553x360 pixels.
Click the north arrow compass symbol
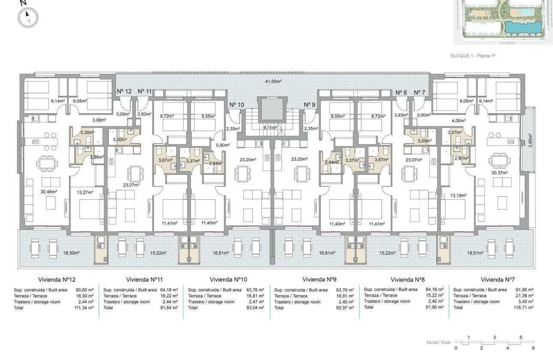(x=28, y=18)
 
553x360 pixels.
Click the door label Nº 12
(x=124, y=91)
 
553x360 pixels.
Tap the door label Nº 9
(x=309, y=105)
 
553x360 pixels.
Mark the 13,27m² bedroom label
(x=85, y=192)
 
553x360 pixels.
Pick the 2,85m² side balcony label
(x=530, y=140)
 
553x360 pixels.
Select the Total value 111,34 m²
(x=84, y=308)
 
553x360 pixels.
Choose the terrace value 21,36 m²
(x=524, y=296)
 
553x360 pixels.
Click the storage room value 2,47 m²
(x=257, y=302)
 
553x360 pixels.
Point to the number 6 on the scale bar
(x=533, y=348)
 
